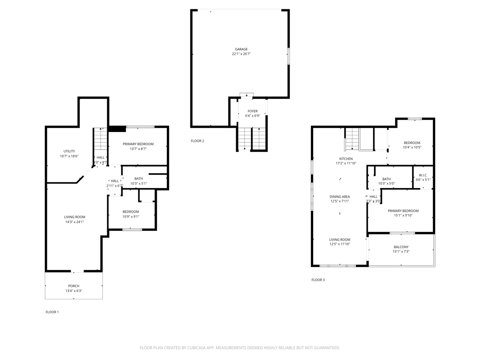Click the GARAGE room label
click(x=241, y=49)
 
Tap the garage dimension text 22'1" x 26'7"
click(x=241, y=54)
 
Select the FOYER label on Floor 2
click(x=252, y=111)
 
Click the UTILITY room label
click(x=69, y=151)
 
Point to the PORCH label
click(x=74, y=286)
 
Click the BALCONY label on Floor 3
click(x=401, y=247)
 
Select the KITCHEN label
click(x=346, y=159)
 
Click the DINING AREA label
click(x=340, y=196)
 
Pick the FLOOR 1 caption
click(x=52, y=312)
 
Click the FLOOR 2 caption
click(x=197, y=141)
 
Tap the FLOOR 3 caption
click(x=318, y=280)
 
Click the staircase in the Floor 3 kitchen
click(x=352, y=139)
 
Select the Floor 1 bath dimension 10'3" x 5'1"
click(x=138, y=184)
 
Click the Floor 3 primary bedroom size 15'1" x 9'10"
click(x=403, y=216)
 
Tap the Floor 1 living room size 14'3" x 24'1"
click(x=74, y=222)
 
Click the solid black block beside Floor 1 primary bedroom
click(x=117, y=129)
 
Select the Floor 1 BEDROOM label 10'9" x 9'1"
click(x=131, y=212)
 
